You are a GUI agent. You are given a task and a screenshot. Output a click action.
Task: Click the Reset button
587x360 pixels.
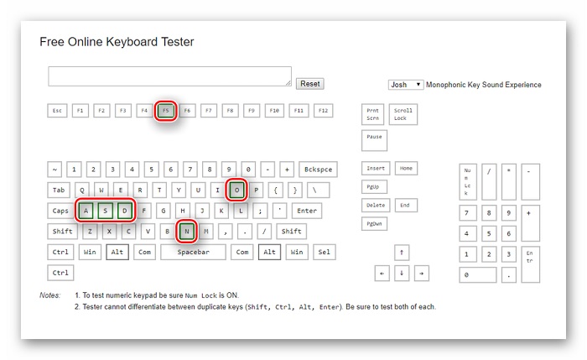pyautogui.click(x=310, y=84)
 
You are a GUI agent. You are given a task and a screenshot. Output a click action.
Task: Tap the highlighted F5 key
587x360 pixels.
pyautogui.click(x=165, y=111)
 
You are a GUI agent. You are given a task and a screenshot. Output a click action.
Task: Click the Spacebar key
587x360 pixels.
pyautogui.click(x=193, y=252)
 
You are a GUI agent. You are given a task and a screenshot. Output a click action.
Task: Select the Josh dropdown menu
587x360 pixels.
pyautogui.click(x=406, y=85)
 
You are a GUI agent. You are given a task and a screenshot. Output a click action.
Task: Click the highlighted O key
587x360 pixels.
pyautogui.click(x=236, y=190)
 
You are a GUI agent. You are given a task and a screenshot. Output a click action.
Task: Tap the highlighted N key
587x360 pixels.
pyautogui.click(x=186, y=231)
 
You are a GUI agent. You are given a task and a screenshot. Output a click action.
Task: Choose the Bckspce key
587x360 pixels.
pyautogui.click(x=318, y=170)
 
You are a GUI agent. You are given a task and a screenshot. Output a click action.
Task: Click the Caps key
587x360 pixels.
pyautogui.click(x=60, y=211)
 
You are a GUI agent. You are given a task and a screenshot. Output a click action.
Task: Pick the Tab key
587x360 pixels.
pyautogui.click(x=59, y=190)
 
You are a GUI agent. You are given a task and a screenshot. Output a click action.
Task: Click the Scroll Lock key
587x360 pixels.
pyautogui.click(x=403, y=114)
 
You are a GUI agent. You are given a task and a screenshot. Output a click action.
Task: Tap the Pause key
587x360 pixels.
pyautogui.click(x=374, y=140)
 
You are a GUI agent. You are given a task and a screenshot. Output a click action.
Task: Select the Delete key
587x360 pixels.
pyautogui.click(x=376, y=206)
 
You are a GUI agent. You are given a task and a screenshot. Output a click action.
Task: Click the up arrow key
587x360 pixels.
pyautogui.click(x=402, y=253)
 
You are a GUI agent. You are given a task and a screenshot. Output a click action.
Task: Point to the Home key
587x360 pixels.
pyautogui.click(x=406, y=168)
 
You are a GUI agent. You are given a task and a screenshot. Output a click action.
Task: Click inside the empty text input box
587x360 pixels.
pyautogui.click(x=169, y=76)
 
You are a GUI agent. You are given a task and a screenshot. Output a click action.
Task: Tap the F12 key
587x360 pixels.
pyautogui.click(x=323, y=111)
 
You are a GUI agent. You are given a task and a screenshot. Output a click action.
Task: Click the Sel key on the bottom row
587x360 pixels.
pyautogui.click(x=325, y=252)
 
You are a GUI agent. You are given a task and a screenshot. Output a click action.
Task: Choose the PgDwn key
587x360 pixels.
pyautogui.click(x=374, y=224)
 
